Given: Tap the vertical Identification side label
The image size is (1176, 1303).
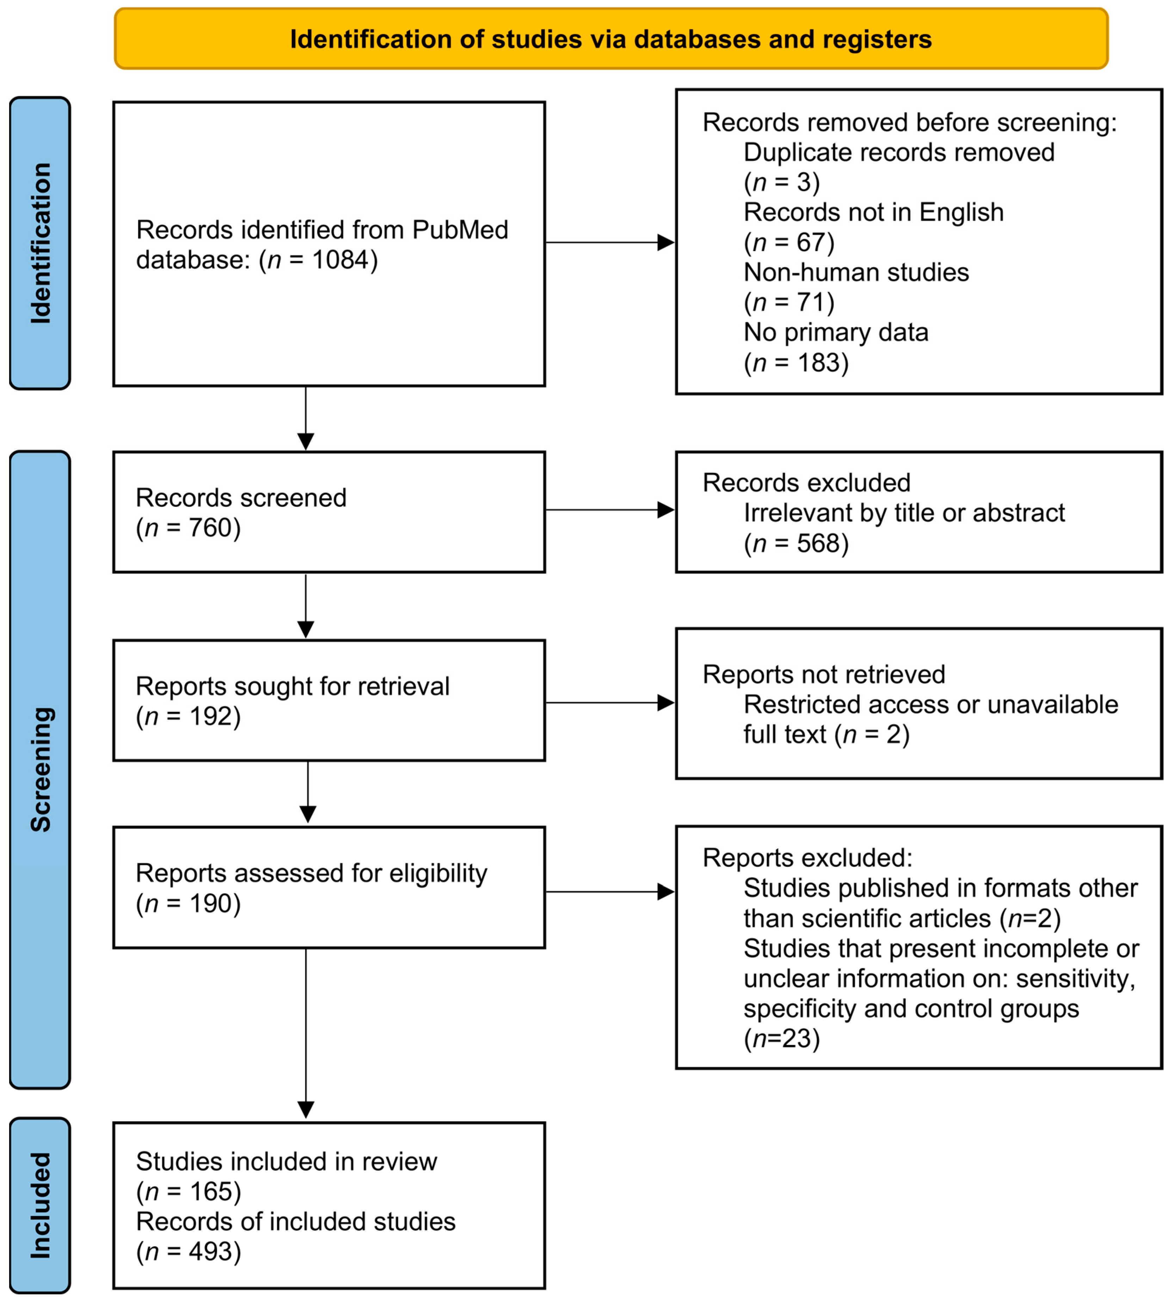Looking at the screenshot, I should pyautogui.click(x=40, y=243).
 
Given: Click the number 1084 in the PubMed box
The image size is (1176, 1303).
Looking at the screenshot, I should pyautogui.click(x=341, y=260).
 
